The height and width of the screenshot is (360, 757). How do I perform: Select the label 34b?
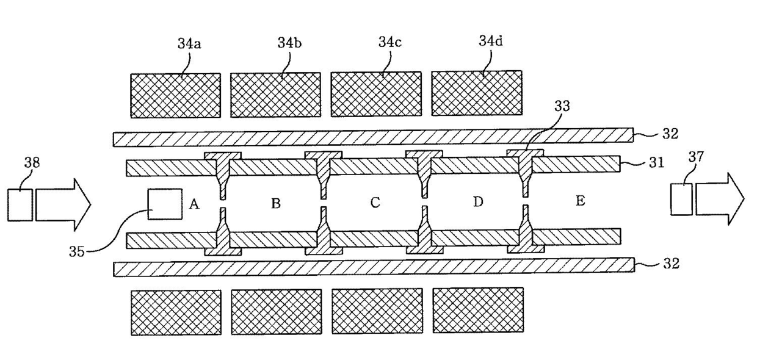[x=288, y=44]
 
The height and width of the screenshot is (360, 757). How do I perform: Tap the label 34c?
[x=389, y=43]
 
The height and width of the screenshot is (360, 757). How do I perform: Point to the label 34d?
[x=491, y=41]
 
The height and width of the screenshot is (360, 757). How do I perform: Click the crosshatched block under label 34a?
[x=176, y=95]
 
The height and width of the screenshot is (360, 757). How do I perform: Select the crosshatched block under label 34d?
[x=476, y=93]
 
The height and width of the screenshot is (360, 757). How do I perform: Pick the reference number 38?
[x=32, y=162]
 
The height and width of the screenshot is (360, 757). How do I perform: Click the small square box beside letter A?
[x=165, y=204]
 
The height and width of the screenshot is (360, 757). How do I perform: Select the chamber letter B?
[x=276, y=204]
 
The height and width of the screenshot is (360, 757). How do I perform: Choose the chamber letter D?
[x=479, y=201]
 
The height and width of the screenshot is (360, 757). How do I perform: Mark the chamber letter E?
[x=580, y=201]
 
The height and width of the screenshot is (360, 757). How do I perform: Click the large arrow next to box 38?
[x=62, y=204]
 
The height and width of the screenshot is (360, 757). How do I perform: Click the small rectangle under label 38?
[x=20, y=204]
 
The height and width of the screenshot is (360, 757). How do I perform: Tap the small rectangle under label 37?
[x=681, y=198]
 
